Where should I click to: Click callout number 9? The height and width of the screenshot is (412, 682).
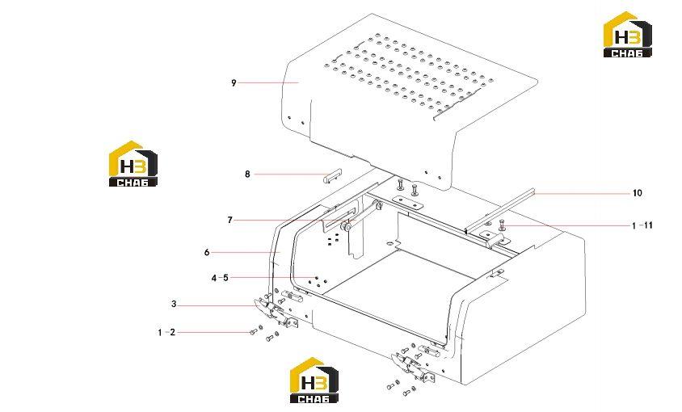234,82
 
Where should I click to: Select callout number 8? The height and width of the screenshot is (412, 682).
247,174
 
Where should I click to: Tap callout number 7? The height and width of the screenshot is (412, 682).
230,221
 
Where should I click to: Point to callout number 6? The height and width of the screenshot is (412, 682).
207,252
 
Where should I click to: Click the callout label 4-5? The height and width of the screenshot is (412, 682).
220,278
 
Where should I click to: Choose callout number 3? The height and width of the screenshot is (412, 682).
174,304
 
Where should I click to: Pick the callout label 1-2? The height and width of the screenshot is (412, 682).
166,332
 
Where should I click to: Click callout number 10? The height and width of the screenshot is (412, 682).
638,193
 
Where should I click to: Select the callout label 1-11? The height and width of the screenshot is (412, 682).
642,225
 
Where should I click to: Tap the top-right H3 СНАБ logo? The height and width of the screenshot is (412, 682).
628,35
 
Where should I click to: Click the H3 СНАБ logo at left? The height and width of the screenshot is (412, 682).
133,164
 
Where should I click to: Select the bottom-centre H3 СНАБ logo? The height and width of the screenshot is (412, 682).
314,380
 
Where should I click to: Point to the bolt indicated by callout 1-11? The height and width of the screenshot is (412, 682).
503,225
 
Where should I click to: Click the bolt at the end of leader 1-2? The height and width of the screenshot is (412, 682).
254,333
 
